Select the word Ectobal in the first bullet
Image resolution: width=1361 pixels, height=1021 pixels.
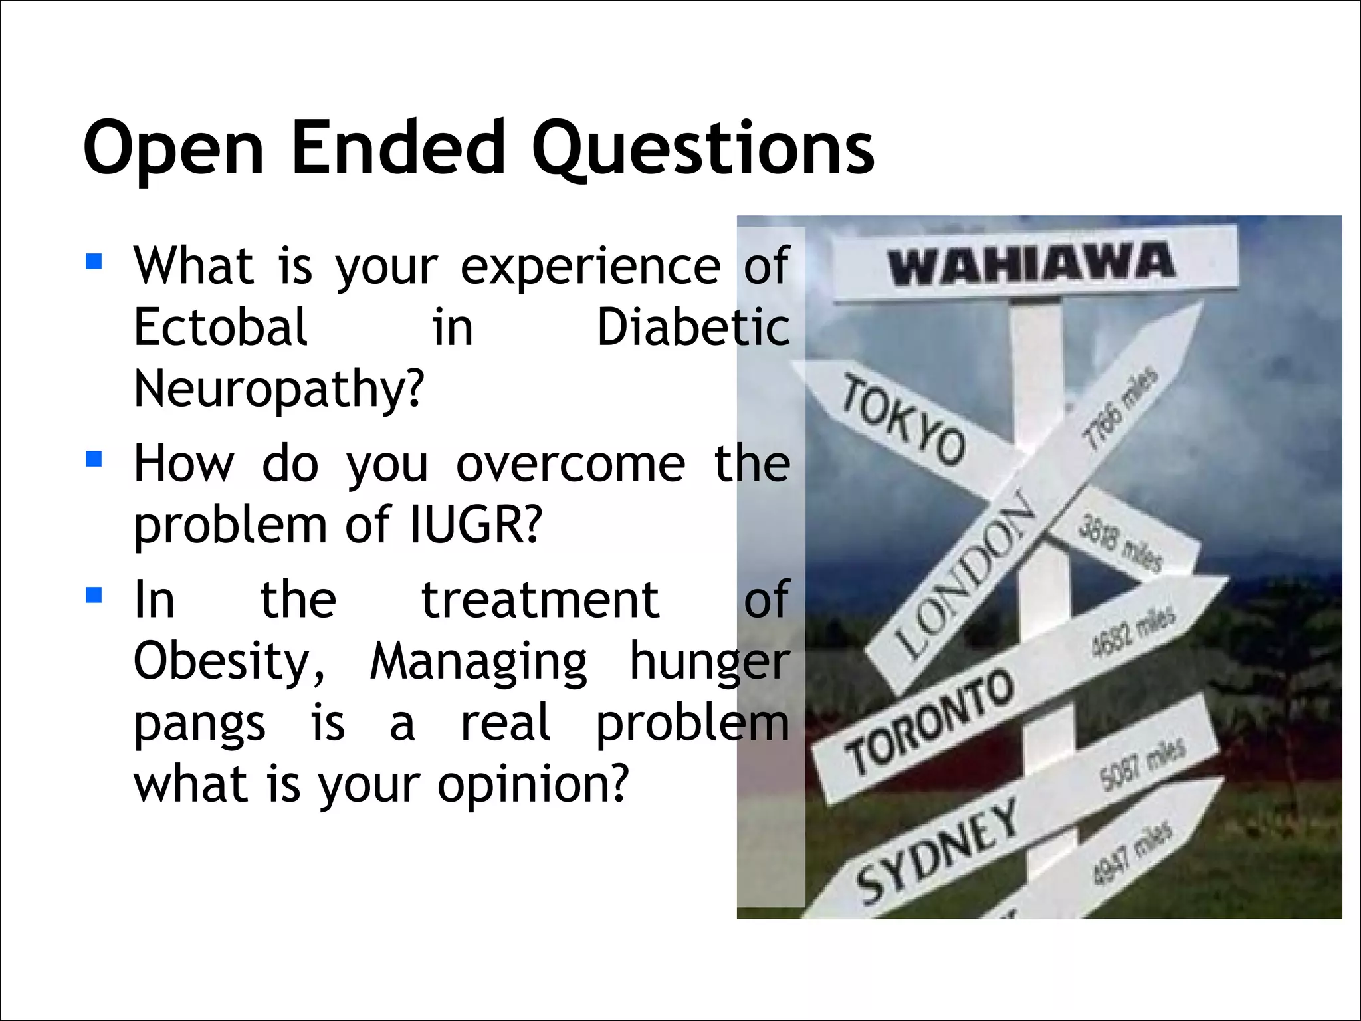pos(221,327)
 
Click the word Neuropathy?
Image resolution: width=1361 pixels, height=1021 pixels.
pos(279,390)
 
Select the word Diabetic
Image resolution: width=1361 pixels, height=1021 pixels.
pos(693,327)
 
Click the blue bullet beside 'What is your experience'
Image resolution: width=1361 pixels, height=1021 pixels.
pos(94,261)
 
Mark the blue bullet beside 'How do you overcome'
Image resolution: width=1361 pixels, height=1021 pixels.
pos(94,459)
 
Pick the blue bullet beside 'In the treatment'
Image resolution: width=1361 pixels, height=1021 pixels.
pos(94,594)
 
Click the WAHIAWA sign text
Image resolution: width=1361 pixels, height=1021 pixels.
pos(1031,263)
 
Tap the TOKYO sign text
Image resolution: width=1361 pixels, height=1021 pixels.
pos(903,420)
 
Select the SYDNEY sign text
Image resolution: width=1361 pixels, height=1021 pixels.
pos(937,851)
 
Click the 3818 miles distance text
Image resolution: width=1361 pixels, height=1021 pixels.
pos(1120,542)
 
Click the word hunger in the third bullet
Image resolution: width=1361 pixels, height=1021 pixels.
pos(709,662)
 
